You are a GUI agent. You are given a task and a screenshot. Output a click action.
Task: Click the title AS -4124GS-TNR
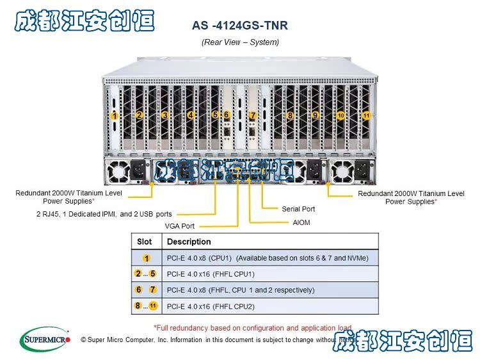point(240,26)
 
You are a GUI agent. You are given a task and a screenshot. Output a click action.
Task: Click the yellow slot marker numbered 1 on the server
point(114,116)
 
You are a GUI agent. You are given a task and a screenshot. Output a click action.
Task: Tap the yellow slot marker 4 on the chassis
point(190,116)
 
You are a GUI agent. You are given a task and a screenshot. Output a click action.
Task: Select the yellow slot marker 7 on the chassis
point(253,115)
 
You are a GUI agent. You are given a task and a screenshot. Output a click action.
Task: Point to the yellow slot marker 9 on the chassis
point(315,116)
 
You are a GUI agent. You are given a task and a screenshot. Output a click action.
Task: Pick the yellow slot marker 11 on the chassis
point(366,116)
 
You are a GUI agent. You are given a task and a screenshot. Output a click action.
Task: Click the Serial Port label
point(298,209)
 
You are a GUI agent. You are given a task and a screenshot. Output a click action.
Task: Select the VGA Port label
point(179,226)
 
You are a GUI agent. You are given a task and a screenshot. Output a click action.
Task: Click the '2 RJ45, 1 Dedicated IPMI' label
point(104,214)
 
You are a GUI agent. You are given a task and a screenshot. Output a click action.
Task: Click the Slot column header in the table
point(145,241)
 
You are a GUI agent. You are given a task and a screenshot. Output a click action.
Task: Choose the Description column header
point(189,241)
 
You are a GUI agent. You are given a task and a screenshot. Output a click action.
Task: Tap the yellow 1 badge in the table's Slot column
point(146,258)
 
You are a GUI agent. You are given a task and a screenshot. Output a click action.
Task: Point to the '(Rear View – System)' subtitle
point(240,42)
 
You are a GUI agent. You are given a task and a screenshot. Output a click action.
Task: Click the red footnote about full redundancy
point(252,328)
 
